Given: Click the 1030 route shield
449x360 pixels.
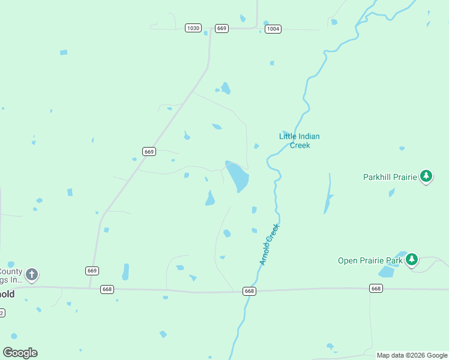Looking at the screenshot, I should tap(193, 28).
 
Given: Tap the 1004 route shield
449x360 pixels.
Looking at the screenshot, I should tap(273, 29).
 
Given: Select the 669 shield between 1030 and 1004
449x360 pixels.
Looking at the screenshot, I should tap(222, 29).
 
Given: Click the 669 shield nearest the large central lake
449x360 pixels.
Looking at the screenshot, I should tap(149, 152).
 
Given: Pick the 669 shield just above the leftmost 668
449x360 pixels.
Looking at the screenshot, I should tap(92, 271).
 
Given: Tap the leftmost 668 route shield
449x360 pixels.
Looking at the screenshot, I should tap(107, 289).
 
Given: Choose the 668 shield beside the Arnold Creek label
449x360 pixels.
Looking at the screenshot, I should tap(250, 291).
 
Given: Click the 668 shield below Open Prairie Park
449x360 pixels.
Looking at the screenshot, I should tap(376, 289).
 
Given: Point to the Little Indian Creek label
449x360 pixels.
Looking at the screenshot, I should tap(300, 140).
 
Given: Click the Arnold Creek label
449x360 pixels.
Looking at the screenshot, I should tap(270, 245).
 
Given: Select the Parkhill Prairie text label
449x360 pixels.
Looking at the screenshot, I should tap(390, 177).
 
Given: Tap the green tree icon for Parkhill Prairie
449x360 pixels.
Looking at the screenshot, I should tap(426, 176).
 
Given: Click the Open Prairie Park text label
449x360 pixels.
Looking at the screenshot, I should tap(370, 260).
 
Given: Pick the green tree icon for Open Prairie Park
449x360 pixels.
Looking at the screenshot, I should tap(411, 259).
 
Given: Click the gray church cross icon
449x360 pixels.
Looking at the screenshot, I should tap(32, 275).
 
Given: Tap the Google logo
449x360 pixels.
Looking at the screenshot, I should tap(20, 353).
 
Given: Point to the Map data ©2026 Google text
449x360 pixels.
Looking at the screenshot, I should tap(412, 355).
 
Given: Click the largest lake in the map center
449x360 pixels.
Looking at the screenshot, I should tap(238, 176).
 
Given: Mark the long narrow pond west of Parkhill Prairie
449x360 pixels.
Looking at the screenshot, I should tap(328, 194).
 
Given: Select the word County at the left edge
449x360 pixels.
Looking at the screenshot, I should tap(11, 271).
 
